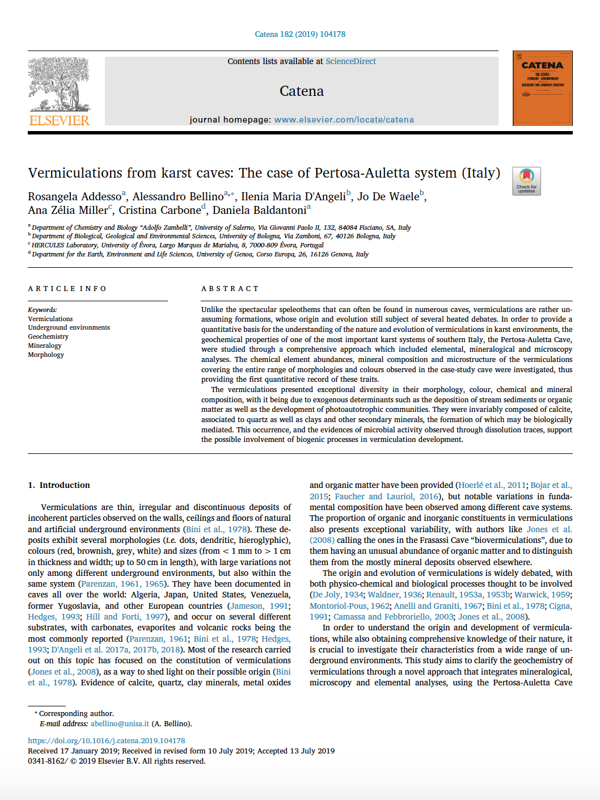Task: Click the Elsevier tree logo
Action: click(59, 85)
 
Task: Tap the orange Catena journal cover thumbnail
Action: click(542, 88)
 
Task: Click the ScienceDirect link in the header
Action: click(350, 61)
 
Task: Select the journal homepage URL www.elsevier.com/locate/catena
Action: click(344, 120)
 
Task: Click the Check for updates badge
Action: click(526, 181)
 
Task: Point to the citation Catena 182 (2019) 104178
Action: click(300, 34)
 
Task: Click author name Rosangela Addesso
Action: click(74, 196)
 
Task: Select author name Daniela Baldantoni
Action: click(259, 210)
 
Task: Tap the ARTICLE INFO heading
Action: click(67, 289)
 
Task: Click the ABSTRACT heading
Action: click(230, 289)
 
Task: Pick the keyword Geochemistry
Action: click(48, 336)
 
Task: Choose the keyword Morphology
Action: click(46, 355)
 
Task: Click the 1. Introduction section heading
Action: click(59, 485)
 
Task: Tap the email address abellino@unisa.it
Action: click(120, 723)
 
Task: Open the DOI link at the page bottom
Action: click(107, 740)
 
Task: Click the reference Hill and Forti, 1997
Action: click(126, 617)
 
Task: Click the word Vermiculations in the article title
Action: click(75, 173)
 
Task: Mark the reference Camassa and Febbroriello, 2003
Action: click(393, 617)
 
